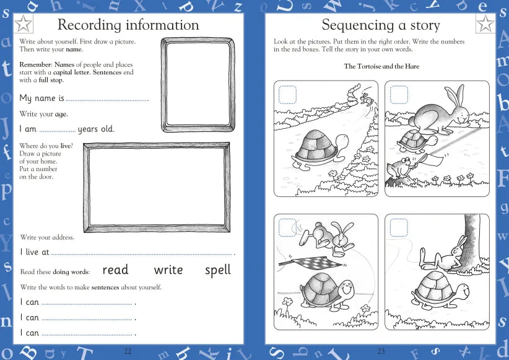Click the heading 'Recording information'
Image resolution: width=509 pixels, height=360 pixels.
(128, 25)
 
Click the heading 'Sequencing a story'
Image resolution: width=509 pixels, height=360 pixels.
(381, 25)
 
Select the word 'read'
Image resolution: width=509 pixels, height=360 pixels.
(115, 270)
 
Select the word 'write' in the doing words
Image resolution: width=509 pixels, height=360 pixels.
(168, 270)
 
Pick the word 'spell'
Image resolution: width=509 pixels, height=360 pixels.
(217, 271)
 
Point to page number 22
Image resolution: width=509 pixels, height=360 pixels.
(128, 351)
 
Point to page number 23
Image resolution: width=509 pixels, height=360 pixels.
(381, 351)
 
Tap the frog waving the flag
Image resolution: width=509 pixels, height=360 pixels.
(399, 168)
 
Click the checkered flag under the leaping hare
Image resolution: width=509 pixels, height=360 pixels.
(303, 260)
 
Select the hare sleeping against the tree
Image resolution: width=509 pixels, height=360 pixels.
(446, 254)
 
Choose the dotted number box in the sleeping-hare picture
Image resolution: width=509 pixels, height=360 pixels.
(399, 228)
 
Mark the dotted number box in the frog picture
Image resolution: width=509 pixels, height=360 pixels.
(399, 95)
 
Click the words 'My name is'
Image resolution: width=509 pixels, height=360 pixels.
(41, 99)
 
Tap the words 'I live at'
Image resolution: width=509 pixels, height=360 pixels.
(34, 252)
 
